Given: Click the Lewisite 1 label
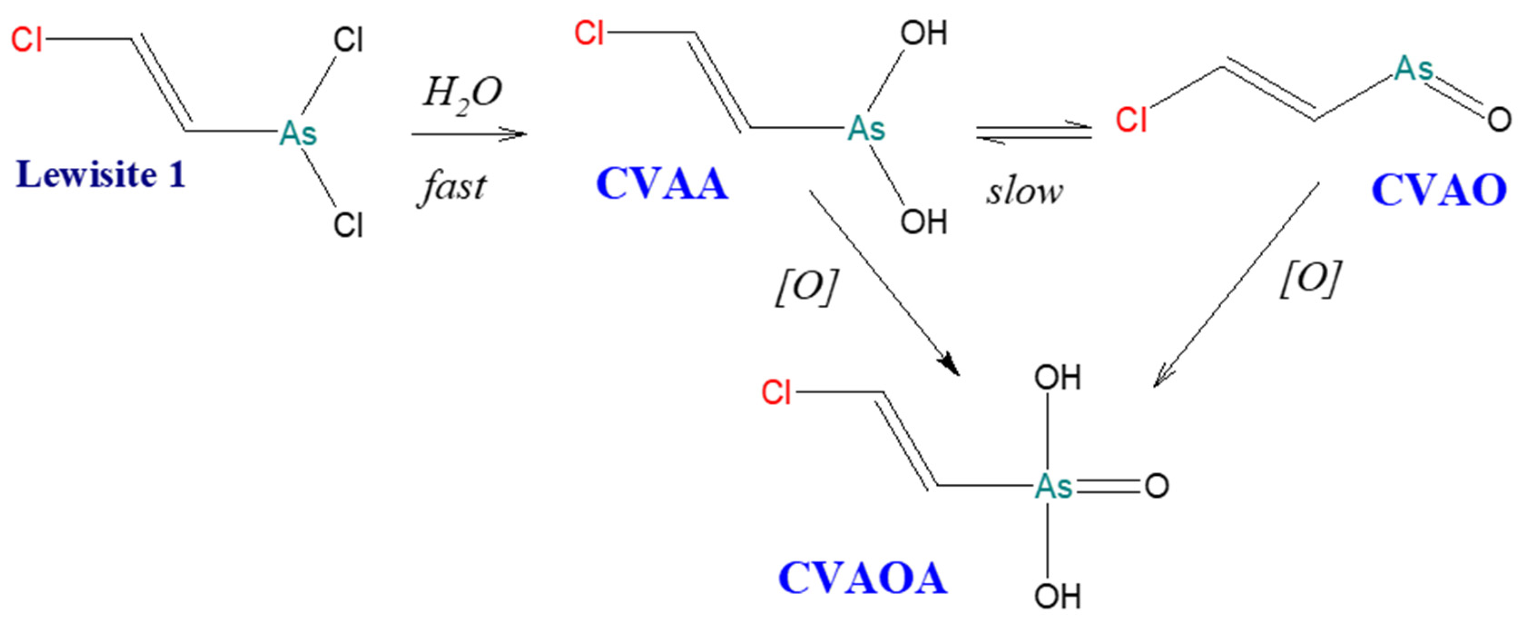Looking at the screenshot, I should (101, 175).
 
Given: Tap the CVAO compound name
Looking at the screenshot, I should (1439, 190).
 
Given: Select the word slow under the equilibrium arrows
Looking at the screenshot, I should (1024, 192).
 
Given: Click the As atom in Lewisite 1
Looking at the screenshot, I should (298, 133).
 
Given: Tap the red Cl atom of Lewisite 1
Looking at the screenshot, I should (27, 40).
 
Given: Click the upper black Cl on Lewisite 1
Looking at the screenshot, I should (348, 40).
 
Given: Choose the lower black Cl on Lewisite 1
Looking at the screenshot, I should (348, 225).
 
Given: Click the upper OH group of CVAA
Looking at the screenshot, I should (924, 33).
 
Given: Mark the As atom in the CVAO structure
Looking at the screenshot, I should (1414, 69).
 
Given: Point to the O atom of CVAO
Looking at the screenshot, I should (1498, 120).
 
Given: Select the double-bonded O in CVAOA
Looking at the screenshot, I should (1156, 486).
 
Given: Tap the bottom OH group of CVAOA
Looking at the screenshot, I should (1057, 596).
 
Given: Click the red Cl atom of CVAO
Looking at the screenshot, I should (1130, 120).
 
